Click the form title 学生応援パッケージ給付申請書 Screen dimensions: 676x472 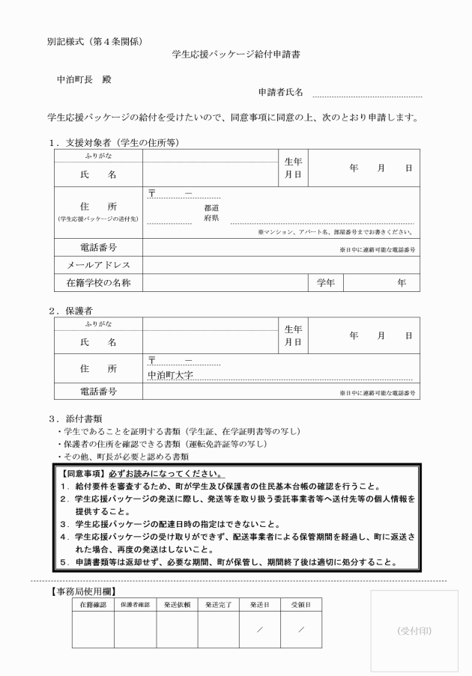click(236, 54)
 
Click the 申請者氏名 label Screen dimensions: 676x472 click(280, 93)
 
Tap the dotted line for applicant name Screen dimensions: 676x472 click(367, 96)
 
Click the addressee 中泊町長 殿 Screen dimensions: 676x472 click(84, 79)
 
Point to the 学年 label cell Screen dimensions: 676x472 click(325, 282)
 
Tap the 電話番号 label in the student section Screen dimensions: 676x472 click(98, 248)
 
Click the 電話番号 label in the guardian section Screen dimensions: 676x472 click(98, 392)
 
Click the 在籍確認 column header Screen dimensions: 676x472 click(93, 603)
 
